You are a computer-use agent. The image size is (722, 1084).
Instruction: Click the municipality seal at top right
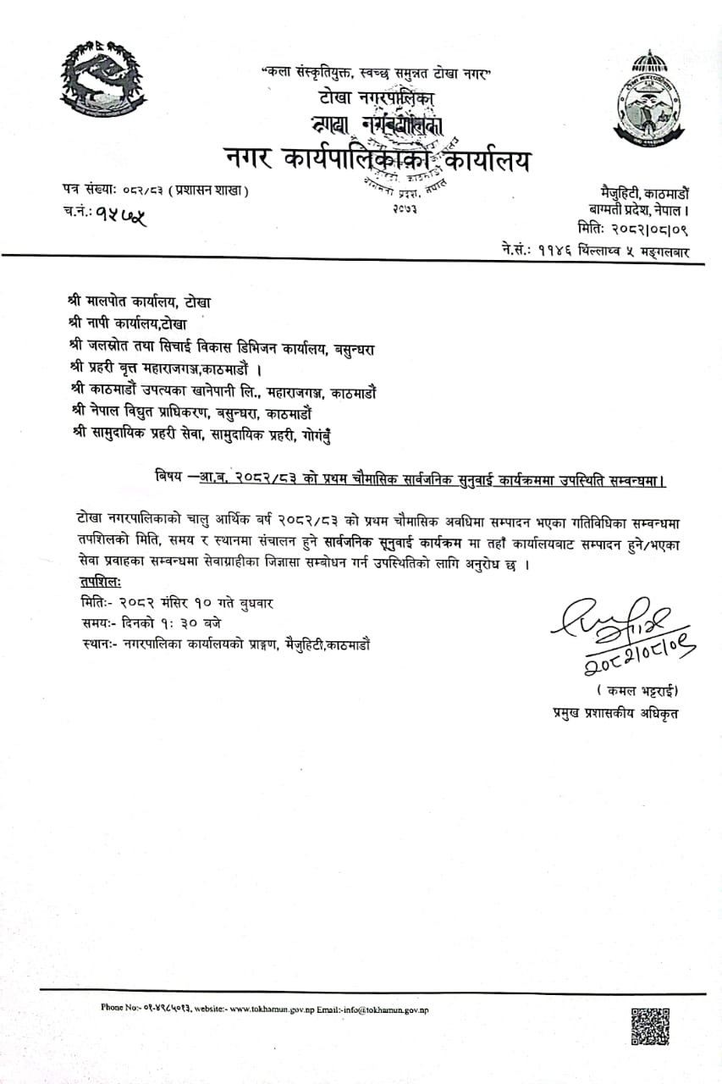click(649, 99)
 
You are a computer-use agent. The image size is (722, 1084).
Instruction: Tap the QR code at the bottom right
click(650, 1027)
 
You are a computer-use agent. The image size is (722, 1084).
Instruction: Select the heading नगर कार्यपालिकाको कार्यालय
click(377, 158)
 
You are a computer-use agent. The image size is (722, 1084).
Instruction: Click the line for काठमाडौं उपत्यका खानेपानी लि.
click(225, 390)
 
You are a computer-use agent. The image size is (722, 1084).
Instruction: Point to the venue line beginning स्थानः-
click(222, 644)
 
